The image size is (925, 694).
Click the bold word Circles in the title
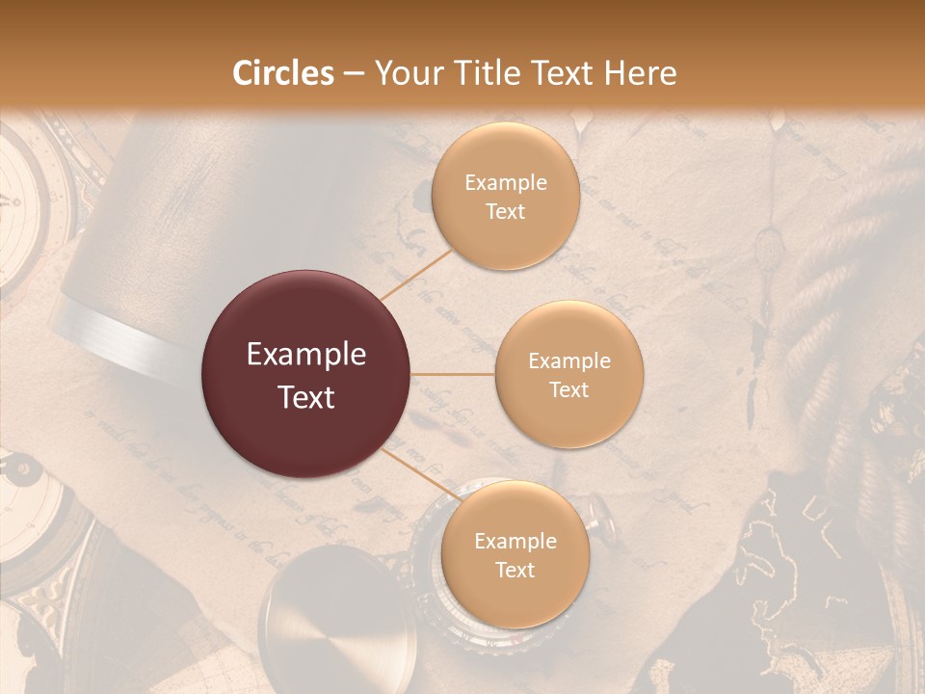coord(284,74)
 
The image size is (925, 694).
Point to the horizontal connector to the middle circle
coord(453,374)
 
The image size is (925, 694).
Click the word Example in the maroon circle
coord(306,355)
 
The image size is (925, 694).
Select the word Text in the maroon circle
coord(306,396)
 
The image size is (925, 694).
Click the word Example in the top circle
coord(505,183)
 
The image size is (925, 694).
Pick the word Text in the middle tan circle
coord(568,389)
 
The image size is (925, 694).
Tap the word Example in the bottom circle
coord(515,542)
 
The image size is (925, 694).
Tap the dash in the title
coord(353,74)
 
